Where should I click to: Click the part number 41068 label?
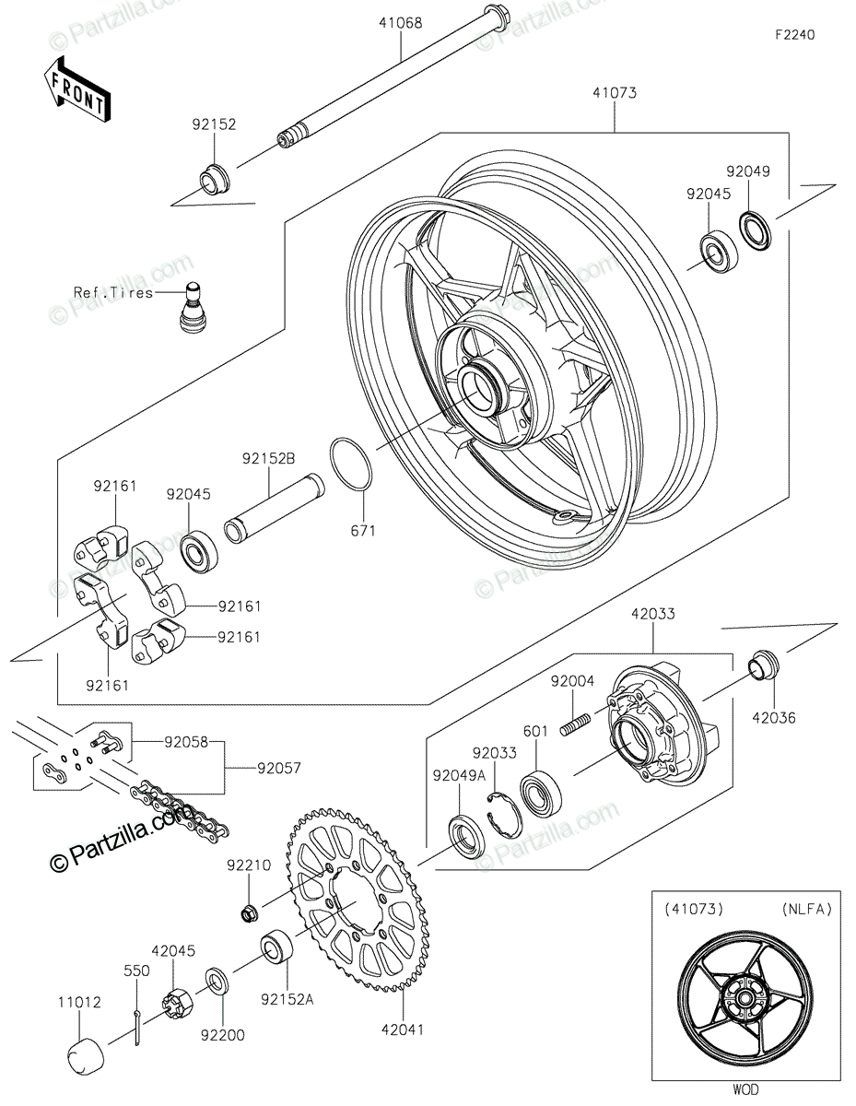pyautogui.click(x=400, y=23)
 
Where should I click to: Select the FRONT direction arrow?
pyautogui.click(x=76, y=91)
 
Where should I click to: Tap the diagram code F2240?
pyautogui.click(x=794, y=35)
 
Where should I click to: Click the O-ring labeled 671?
pyautogui.click(x=351, y=464)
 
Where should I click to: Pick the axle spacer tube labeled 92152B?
pyautogui.click(x=275, y=509)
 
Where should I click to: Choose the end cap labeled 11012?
pyautogui.click(x=87, y=1058)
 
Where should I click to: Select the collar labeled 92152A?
pyautogui.click(x=276, y=945)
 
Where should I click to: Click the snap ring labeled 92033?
pyautogui.click(x=505, y=815)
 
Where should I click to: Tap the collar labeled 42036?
pyautogui.click(x=764, y=665)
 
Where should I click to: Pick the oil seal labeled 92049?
pyautogui.click(x=756, y=231)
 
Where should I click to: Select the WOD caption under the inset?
pyautogui.click(x=745, y=1089)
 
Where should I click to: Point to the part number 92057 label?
pyautogui.click(x=278, y=768)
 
